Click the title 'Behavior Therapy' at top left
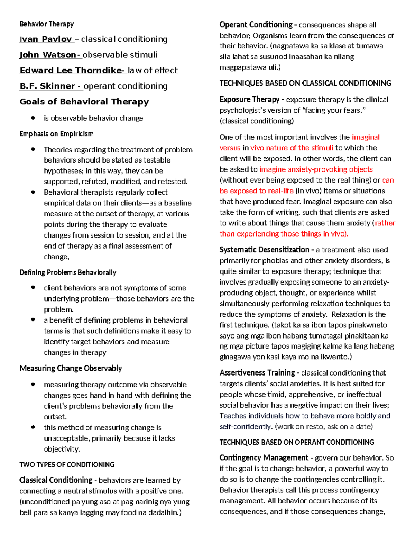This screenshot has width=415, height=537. [47, 24]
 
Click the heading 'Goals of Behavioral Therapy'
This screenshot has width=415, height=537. [84, 102]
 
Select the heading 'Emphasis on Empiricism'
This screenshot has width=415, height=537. [56, 134]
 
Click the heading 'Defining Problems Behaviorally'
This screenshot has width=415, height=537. [68, 272]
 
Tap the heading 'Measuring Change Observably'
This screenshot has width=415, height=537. [71, 368]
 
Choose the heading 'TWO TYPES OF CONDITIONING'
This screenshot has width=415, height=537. [67, 464]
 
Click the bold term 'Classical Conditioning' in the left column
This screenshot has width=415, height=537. [56, 480]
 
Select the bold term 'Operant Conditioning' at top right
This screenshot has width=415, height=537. [256, 25]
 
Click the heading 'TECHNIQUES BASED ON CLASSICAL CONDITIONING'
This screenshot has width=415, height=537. [305, 83]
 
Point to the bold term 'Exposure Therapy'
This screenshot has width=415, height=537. [249, 100]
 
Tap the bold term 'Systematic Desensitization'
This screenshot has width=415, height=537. [264, 250]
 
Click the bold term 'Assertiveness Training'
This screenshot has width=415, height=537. [257, 373]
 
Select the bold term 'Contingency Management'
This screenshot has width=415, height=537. [264, 458]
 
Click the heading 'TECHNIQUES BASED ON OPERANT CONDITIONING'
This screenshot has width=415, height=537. [297, 442]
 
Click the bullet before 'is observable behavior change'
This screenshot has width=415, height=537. [33, 118]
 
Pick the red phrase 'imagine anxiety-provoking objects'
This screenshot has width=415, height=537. [316, 169]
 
